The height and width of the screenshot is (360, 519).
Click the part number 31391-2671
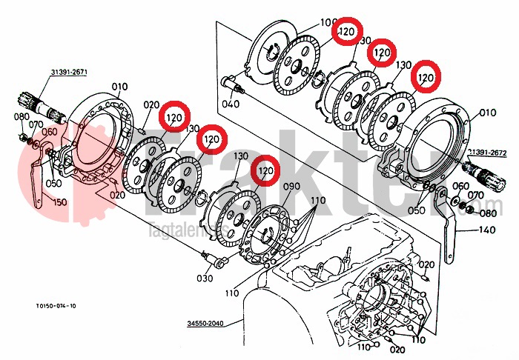pyautogui.click(x=69, y=72)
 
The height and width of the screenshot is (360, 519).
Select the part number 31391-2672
pyautogui.click(x=486, y=152)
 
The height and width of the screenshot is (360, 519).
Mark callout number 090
pyautogui.click(x=291, y=187)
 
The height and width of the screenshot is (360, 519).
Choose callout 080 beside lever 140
pyautogui.click(x=488, y=214)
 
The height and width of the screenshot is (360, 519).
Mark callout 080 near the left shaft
pyautogui.click(x=21, y=116)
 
